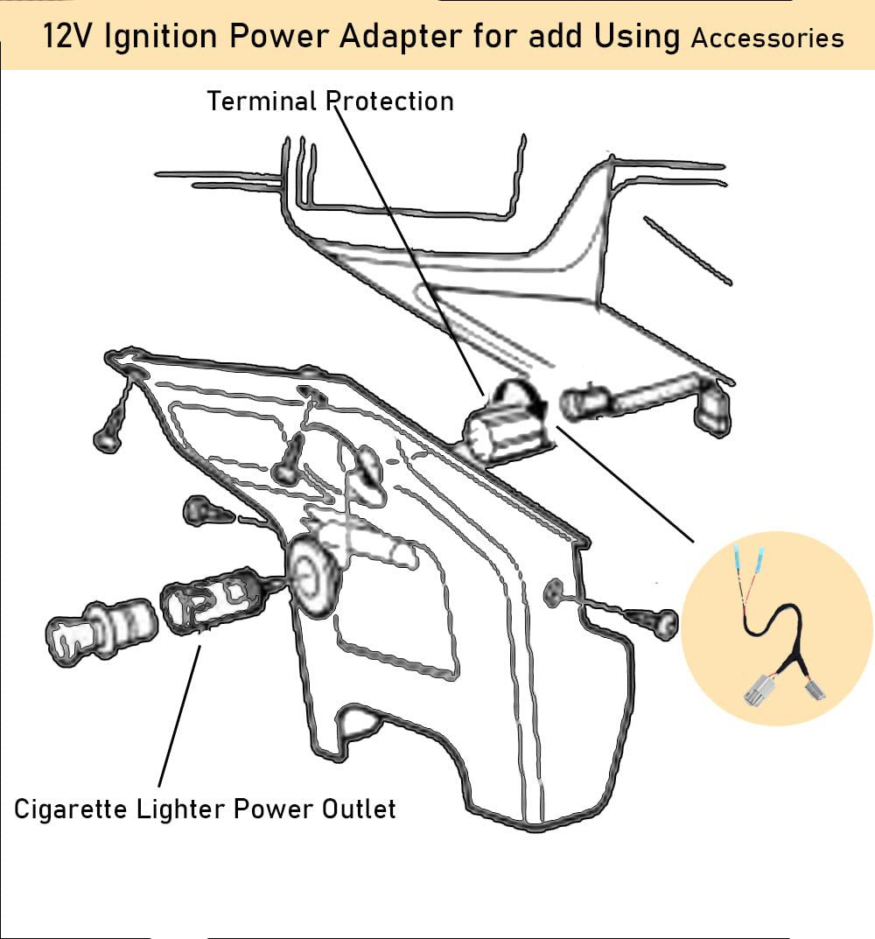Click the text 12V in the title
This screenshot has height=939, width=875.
tap(69, 38)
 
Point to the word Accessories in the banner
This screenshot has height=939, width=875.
tap(767, 38)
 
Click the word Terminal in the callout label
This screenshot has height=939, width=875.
tap(262, 102)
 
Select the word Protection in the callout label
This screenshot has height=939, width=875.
tap(389, 102)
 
